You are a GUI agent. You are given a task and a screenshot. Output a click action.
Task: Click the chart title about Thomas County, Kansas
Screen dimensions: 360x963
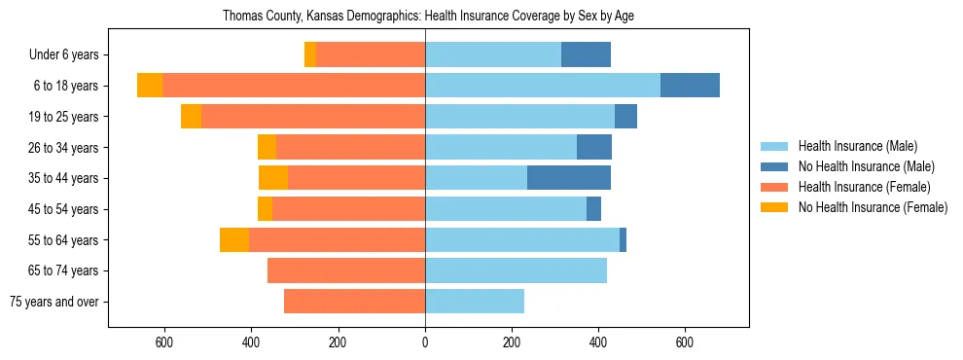click(x=428, y=17)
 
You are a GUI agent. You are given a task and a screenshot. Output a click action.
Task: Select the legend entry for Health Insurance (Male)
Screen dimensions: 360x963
click(x=857, y=146)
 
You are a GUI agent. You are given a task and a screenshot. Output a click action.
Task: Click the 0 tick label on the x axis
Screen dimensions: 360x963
click(x=425, y=342)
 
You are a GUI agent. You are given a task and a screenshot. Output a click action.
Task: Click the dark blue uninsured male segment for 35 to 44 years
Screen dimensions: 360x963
click(x=569, y=178)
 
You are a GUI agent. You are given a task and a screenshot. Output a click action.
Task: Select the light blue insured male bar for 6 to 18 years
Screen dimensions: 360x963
click(x=543, y=86)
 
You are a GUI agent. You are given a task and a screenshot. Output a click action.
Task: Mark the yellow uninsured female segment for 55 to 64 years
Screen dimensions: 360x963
click(x=234, y=240)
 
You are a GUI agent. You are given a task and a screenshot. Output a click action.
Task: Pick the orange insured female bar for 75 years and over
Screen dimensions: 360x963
click(x=354, y=302)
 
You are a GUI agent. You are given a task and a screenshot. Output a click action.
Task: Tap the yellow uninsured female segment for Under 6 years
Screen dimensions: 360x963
click(x=310, y=55)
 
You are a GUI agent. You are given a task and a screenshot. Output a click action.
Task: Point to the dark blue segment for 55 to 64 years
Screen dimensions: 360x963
click(x=623, y=240)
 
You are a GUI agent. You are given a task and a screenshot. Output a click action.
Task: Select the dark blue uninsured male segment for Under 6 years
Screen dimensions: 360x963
click(x=586, y=55)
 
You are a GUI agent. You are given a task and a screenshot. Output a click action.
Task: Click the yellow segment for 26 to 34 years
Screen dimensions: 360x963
click(x=267, y=148)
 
